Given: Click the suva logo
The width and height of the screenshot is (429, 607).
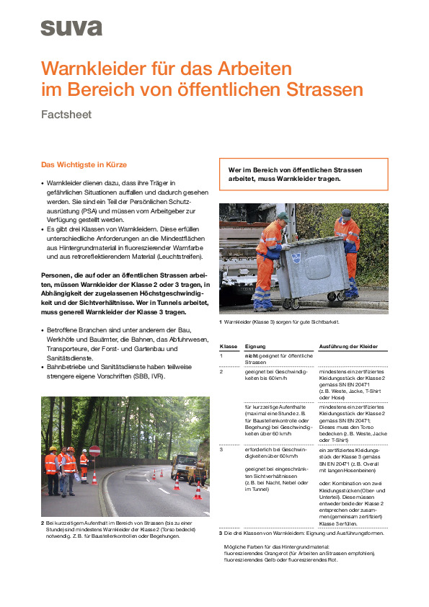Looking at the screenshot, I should [71, 27].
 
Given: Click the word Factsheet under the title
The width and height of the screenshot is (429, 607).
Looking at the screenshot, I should [66, 114].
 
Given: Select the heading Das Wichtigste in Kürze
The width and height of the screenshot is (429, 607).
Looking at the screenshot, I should [84, 164].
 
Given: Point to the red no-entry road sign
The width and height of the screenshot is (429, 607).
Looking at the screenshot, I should [95, 451].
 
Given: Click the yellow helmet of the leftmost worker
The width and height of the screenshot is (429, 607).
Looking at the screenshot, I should [52, 448].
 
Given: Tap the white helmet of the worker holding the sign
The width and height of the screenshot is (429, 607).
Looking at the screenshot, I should [84, 451].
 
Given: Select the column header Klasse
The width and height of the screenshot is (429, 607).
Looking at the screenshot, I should [229, 347].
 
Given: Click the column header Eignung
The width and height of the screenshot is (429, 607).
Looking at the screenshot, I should [255, 347].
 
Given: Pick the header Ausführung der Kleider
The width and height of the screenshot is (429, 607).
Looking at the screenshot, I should [348, 347].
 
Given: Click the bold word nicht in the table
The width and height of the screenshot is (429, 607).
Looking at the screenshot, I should [252, 356].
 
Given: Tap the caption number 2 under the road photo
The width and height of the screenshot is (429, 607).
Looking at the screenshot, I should [43, 522].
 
